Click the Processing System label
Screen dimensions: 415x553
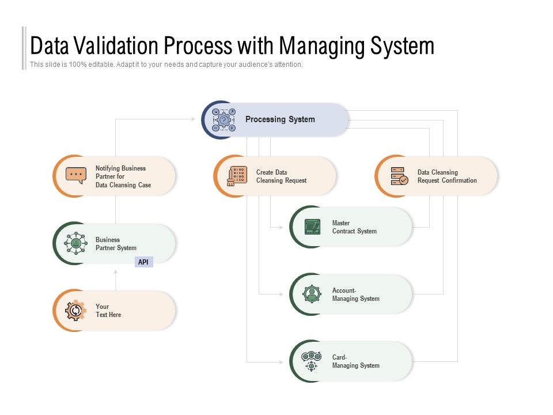click(280, 119)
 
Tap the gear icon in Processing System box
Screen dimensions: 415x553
click(224, 120)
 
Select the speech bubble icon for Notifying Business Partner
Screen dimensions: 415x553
click(76, 175)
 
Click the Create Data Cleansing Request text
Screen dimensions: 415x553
click(281, 176)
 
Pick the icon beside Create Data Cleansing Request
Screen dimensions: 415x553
click(237, 176)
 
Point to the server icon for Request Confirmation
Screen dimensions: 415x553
click(399, 176)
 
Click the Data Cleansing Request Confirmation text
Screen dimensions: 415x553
click(447, 176)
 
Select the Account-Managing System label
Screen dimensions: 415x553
click(355, 295)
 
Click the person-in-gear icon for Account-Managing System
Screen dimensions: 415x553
click(312, 294)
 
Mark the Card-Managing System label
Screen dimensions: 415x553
click(355, 361)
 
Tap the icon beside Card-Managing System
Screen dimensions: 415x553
click(311, 361)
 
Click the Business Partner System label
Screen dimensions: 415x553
click(116, 244)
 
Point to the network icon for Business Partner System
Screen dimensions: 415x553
click(75, 243)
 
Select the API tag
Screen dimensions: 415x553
click(143, 262)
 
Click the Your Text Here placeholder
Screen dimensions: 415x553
click(108, 311)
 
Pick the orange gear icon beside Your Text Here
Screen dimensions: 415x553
click(75, 311)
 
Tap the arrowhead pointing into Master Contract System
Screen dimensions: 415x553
click(281, 227)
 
